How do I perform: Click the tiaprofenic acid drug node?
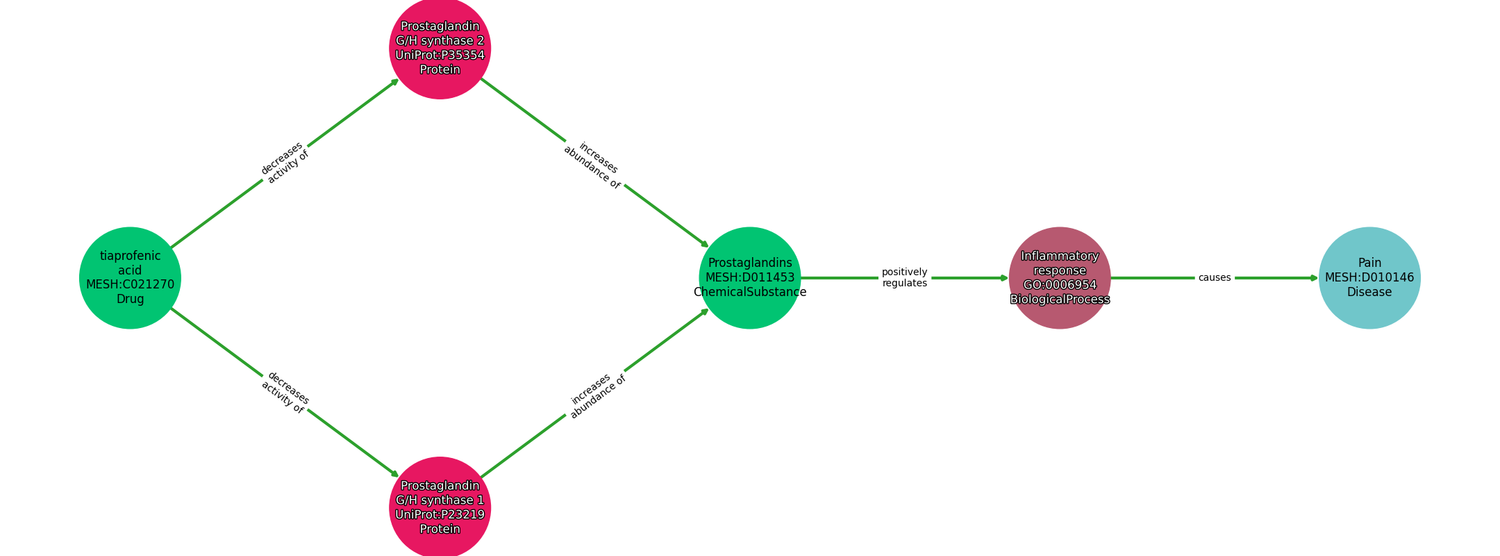(130, 278)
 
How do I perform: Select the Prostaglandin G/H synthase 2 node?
(440, 48)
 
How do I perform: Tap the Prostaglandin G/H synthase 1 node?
(440, 507)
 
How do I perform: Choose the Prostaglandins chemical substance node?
(750, 278)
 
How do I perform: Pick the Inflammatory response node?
(1060, 278)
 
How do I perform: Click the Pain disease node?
(1369, 278)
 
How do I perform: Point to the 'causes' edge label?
(1214, 278)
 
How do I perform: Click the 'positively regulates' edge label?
(904, 278)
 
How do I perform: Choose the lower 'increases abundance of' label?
(596, 395)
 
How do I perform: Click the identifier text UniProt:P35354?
(440, 56)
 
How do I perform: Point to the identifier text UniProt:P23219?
(440, 515)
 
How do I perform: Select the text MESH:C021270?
(130, 285)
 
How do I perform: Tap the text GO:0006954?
(1060, 285)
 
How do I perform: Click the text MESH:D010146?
(1369, 278)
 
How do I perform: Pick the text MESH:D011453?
(750, 278)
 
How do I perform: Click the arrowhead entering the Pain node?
(1314, 278)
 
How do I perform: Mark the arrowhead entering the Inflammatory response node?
(1004, 278)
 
